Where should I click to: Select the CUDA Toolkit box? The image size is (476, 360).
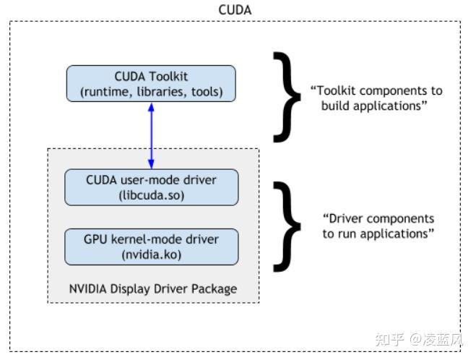click(151, 83)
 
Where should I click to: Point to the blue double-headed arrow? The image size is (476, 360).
click(151, 134)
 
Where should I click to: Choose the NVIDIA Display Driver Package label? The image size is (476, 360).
click(152, 288)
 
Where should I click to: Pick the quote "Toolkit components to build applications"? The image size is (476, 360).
click(376, 98)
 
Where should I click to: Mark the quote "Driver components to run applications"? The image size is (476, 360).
click(378, 226)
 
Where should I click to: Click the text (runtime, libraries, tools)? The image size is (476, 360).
click(151, 91)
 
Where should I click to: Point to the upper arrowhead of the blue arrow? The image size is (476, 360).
click(151, 106)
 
